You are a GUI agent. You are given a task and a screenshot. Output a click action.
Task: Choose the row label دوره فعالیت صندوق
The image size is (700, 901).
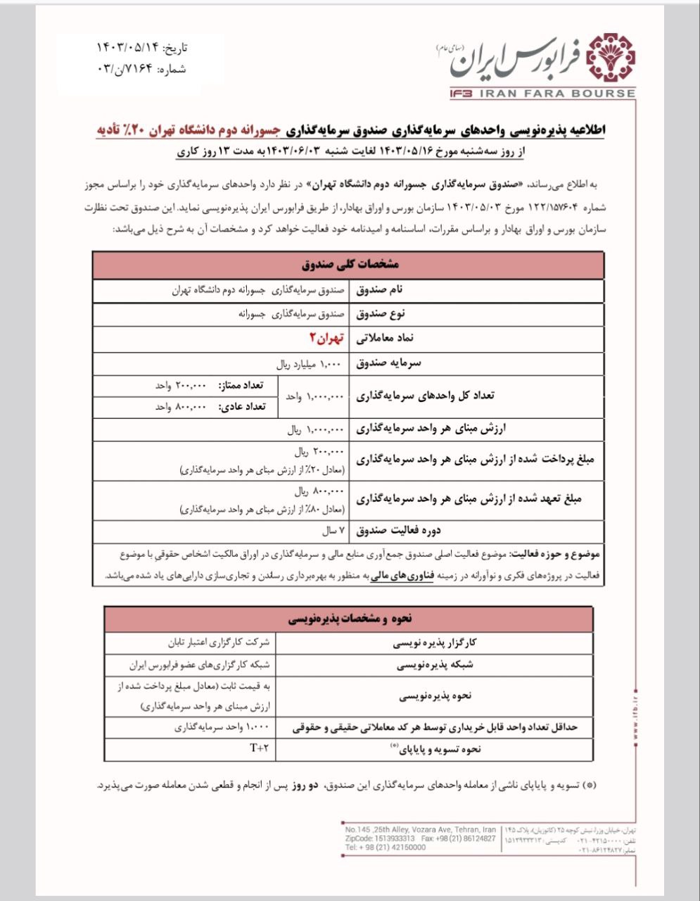[398, 530]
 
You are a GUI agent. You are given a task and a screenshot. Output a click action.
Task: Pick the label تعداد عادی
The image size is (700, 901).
[241, 407]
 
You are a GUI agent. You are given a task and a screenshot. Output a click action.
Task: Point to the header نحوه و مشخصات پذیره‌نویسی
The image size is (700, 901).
[350, 618]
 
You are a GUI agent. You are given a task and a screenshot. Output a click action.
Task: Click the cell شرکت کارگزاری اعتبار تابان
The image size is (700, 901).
[218, 643]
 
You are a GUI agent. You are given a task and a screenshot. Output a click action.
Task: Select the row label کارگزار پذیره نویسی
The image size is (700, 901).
[435, 643]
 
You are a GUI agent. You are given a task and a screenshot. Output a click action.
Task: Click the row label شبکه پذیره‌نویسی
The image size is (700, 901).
[435, 664]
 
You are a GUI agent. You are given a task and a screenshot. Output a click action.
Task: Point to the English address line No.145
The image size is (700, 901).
[420, 830]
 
